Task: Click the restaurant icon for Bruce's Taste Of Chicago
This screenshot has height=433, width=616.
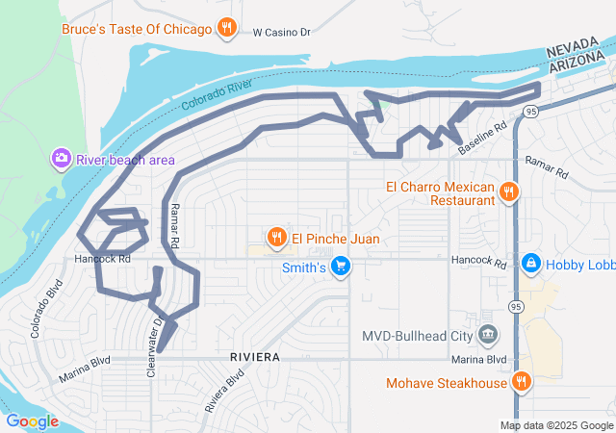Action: point(227,28)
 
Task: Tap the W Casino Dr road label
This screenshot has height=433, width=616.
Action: point(282,32)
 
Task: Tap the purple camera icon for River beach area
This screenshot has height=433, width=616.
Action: point(62,157)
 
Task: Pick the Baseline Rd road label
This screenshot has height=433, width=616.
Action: point(482,140)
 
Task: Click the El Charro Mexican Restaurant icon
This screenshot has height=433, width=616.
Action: point(509,193)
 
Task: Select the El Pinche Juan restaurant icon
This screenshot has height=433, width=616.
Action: point(277,237)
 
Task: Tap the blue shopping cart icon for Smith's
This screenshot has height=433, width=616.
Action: point(339,267)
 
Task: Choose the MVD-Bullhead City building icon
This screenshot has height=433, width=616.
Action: point(488,335)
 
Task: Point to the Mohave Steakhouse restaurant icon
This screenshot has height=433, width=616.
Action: point(521,382)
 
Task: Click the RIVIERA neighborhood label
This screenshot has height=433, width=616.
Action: point(255,357)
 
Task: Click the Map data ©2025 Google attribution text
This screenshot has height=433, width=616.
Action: point(556,425)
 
